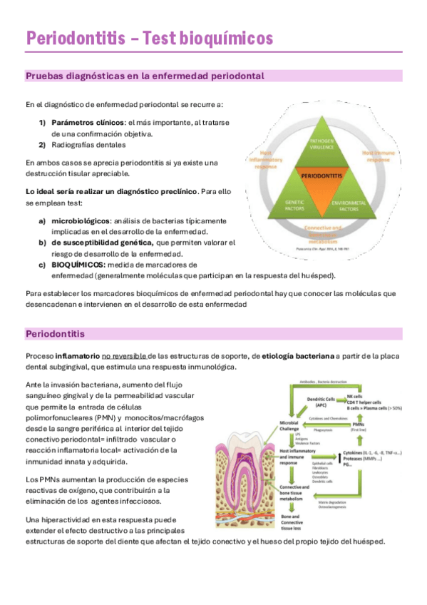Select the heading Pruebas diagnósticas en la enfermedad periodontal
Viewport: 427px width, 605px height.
(x=145, y=76)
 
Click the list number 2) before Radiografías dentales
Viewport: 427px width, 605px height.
(x=42, y=145)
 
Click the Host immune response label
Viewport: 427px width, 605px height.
(x=378, y=156)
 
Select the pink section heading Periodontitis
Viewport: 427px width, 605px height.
(x=55, y=333)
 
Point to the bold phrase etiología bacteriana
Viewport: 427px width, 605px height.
(x=297, y=355)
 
